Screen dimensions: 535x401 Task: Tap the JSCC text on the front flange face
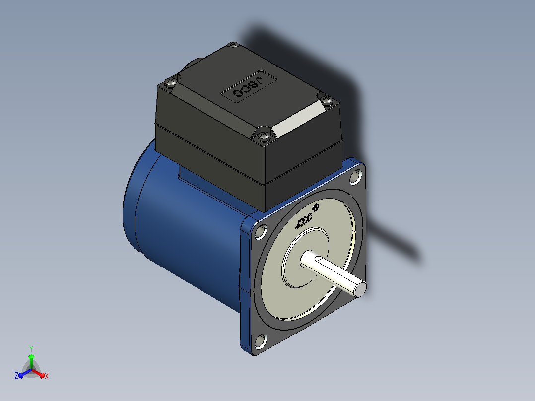point(303,221)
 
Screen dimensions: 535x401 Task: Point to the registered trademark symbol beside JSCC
point(316,207)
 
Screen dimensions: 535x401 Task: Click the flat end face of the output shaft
point(360,289)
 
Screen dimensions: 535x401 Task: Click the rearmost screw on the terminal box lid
point(233,45)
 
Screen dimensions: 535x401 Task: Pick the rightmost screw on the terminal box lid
point(327,100)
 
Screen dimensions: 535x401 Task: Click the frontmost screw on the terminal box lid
point(264,136)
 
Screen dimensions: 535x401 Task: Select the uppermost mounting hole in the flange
point(356,177)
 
